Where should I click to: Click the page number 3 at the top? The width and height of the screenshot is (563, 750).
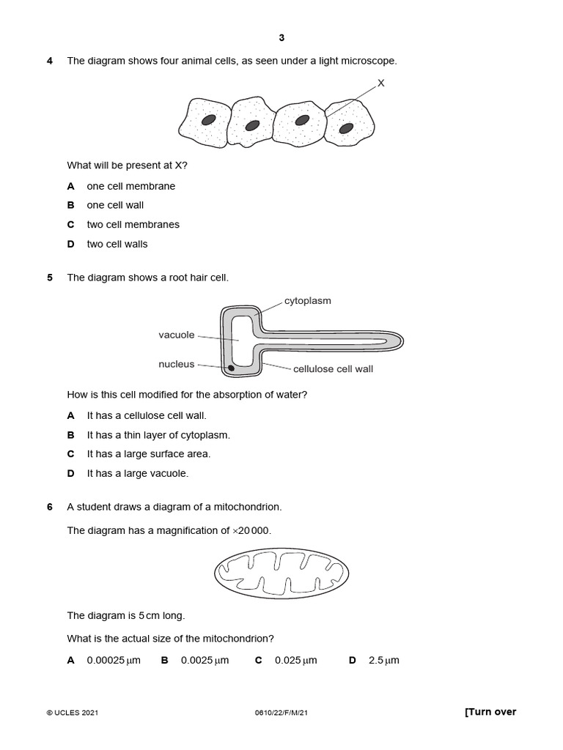coord(281,38)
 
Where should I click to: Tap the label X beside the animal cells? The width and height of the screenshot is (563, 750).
coord(380,83)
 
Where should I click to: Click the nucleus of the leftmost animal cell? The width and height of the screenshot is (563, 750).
coord(209,120)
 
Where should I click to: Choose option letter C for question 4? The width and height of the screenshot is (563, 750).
coord(71,225)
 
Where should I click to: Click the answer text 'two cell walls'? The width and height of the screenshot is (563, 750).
coord(117,244)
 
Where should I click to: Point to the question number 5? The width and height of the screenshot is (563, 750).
coord(50,278)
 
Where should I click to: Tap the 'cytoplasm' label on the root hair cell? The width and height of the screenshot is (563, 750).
coord(307,301)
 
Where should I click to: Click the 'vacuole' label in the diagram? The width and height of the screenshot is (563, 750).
coord(177,335)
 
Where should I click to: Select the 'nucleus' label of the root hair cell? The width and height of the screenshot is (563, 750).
coord(177,364)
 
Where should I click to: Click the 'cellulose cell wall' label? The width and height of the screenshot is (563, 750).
coord(333,369)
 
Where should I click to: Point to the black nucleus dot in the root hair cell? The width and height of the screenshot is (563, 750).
coord(231,368)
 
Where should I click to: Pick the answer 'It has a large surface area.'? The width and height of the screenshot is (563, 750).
coord(148,454)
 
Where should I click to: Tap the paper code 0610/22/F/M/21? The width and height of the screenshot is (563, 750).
coord(281,713)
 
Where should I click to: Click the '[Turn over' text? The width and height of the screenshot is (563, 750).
coord(490,712)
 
